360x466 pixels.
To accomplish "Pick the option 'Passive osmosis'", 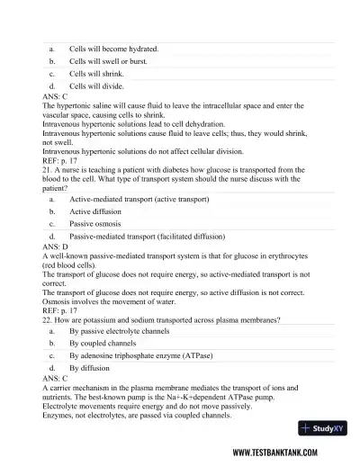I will click(x=96, y=222).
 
